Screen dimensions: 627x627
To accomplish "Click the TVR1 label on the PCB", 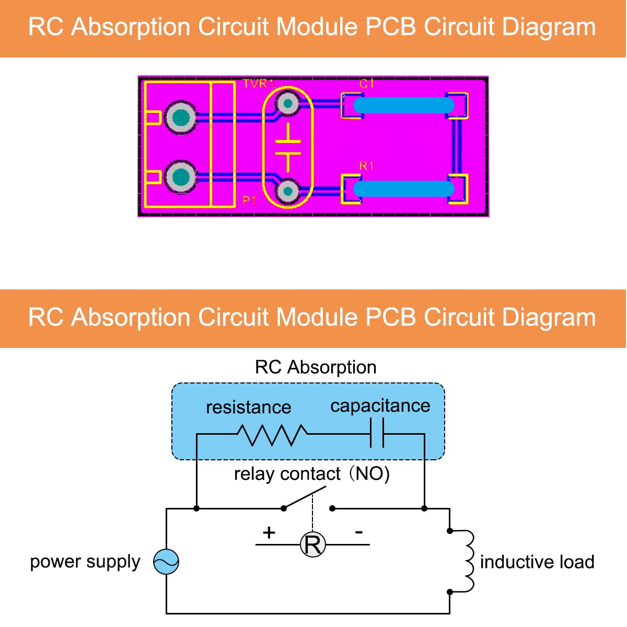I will tap(258, 84).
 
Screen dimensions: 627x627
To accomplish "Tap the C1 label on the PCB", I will tap(366, 84).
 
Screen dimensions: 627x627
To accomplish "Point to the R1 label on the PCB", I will tap(366, 166).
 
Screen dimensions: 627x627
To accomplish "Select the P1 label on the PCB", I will tap(249, 201).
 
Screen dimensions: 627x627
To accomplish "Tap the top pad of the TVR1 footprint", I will tap(287, 103).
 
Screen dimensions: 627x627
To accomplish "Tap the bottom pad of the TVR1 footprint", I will tap(287, 191).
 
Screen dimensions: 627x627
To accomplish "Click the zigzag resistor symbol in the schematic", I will tap(272, 434).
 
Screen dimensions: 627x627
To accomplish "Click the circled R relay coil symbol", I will tap(312, 545).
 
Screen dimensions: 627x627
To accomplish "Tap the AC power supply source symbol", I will tap(166, 562).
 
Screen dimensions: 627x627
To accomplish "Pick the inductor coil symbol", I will tap(468, 561).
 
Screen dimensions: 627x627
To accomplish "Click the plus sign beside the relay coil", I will tap(269, 532).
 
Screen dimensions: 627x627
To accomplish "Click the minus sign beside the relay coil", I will tap(358, 532).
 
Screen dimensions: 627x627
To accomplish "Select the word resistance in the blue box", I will tap(248, 407).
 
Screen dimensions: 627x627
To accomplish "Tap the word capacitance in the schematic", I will tap(380, 406).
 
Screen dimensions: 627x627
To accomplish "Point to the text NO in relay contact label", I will tap(369, 473).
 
